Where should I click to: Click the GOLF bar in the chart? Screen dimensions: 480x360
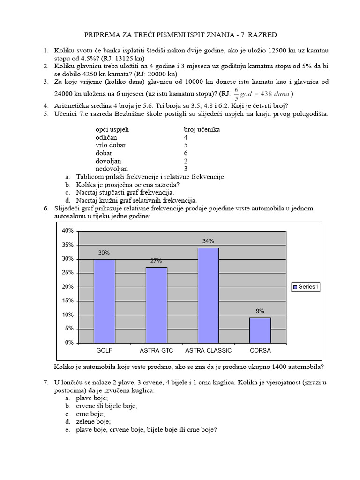(x=104, y=300)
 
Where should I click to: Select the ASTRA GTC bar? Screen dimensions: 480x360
(x=156, y=305)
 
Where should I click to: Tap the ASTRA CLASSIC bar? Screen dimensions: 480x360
(x=208, y=295)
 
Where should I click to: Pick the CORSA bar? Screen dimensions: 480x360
(x=260, y=330)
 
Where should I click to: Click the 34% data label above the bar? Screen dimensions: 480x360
(x=208, y=241)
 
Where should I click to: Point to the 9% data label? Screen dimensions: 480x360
(x=260, y=311)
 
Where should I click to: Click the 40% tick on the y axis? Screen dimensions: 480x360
(x=67, y=231)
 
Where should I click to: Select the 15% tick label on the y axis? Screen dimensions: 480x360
(x=67, y=301)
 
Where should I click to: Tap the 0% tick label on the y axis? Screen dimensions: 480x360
(x=69, y=343)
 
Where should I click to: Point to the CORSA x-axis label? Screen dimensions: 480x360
(x=260, y=351)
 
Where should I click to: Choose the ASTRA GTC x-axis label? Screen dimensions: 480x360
(x=156, y=351)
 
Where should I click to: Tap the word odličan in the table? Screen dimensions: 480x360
(x=106, y=137)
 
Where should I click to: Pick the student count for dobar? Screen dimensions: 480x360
(x=186, y=153)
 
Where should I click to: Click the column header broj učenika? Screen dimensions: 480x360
(x=202, y=129)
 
